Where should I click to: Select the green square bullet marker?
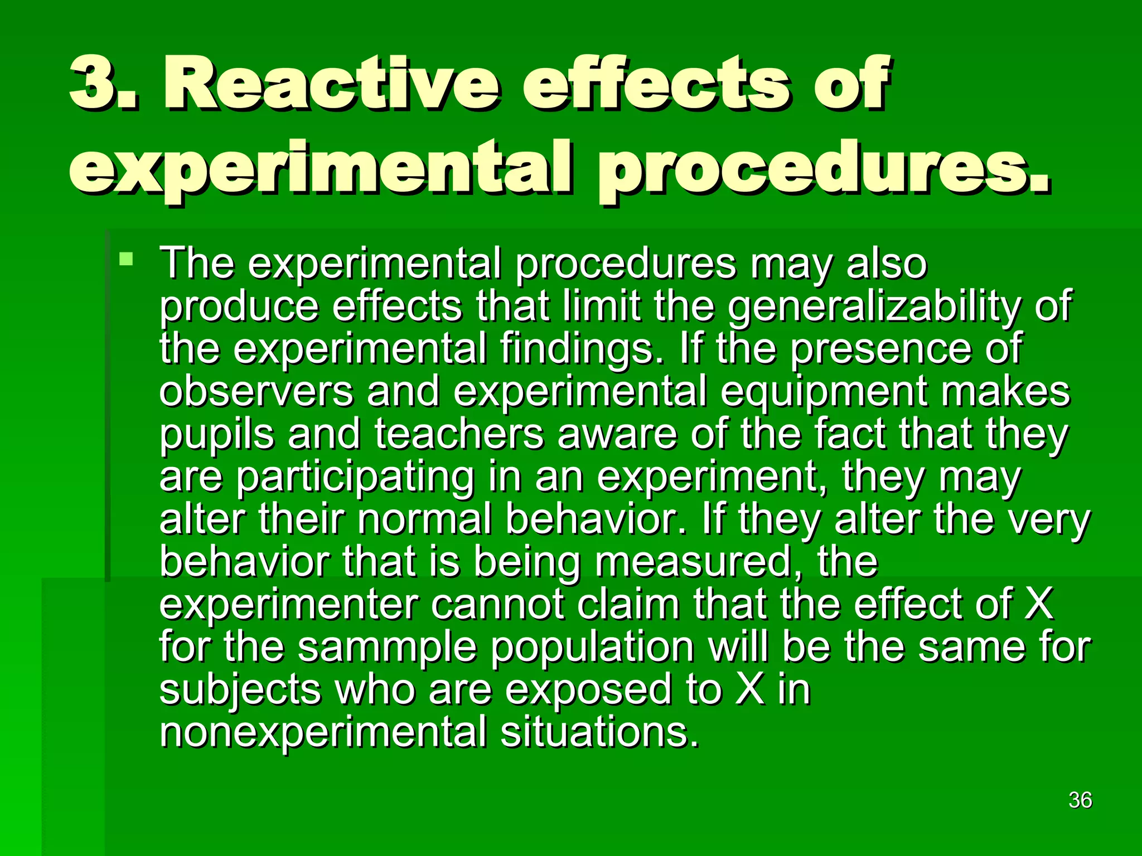127,259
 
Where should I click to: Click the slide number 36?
1080,800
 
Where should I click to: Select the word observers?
257,391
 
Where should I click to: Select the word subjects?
240,691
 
